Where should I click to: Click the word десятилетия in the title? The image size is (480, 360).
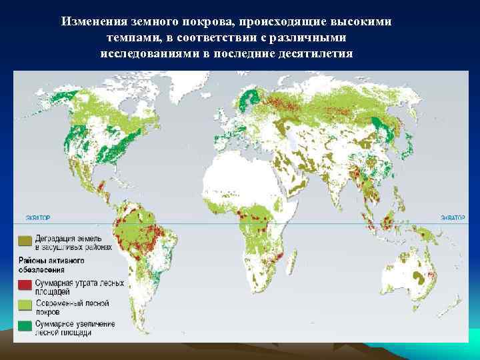[x=319, y=53]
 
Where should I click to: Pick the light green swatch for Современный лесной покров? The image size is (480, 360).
[x=25, y=305]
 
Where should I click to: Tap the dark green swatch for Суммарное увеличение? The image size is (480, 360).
[x=25, y=326]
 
